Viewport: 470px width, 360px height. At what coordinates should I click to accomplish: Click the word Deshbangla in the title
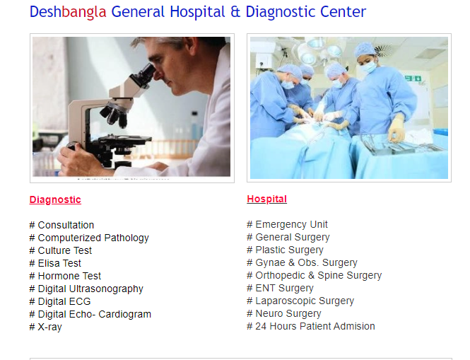(x=68, y=12)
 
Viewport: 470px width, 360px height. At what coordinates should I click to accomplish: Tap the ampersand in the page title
(x=235, y=12)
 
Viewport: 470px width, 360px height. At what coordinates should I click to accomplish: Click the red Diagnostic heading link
(x=55, y=199)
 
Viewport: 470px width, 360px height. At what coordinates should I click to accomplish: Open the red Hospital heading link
(x=266, y=199)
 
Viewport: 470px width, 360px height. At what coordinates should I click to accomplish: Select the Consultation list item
(x=61, y=225)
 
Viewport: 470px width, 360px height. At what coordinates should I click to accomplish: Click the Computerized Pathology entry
(x=89, y=238)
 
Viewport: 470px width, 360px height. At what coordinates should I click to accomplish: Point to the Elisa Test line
(x=55, y=263)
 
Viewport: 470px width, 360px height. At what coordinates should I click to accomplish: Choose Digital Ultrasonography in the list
(x=86, y=289)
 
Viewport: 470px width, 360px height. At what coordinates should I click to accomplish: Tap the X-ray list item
(x=45, y=327)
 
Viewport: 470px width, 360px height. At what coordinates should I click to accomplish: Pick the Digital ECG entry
(x=60, y=301)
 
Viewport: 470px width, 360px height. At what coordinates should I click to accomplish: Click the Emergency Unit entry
(x=287, y=224)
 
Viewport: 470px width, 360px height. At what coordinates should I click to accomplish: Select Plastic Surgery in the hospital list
(x=285, y=250)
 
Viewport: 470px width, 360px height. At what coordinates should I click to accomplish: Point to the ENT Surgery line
(x=281, y=288)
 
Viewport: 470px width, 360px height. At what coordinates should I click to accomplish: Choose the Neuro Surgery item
(x=284, y=313)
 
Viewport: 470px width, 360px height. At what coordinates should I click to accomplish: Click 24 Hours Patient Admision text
(x=311, y=326)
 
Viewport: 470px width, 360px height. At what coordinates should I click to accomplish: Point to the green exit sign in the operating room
(x=413, y=79)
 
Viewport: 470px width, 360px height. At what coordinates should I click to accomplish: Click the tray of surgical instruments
(x=401, y=146)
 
